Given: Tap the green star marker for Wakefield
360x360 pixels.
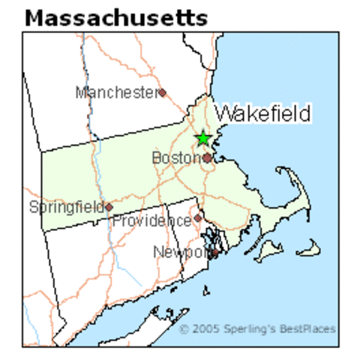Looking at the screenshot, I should [x=202, y=138].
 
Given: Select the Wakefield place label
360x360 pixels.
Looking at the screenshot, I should [x=263, y=114].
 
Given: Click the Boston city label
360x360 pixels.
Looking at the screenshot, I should [x=176, y=158].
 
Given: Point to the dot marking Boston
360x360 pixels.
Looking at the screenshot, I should [x=207, y=158].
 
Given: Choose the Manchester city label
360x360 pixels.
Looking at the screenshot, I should [x=116, y=92].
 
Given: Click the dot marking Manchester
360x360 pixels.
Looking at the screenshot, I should [x=161, y=92].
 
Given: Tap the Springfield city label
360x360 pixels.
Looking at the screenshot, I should [x=66, y=206].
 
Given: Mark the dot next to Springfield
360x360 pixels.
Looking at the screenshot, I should [x=109, y=206].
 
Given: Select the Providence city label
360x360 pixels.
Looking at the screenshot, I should [x=152, y=220].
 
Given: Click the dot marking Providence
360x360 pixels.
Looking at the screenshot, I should [x=197, y=218].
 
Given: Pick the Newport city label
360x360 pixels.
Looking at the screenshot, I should [x=180, y=252].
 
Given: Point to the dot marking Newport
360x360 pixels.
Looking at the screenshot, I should [x=214, y=253].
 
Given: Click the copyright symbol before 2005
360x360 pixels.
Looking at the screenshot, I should [x=184, y=329].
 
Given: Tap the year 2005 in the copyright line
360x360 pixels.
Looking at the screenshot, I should [x=201, y=329].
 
